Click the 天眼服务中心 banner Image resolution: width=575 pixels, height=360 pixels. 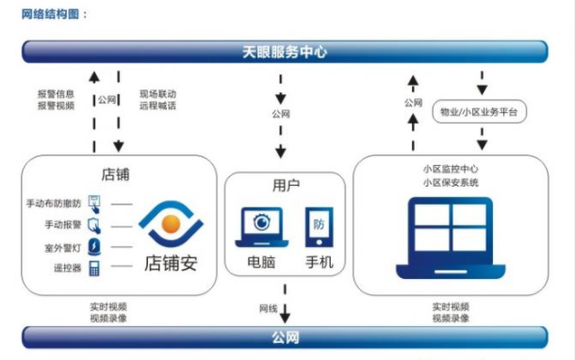pos(285,52)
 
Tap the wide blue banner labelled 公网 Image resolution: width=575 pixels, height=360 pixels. pos(285,336)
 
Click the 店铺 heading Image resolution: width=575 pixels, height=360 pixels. pos(115,174)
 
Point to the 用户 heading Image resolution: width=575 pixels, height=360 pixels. pos(286,186)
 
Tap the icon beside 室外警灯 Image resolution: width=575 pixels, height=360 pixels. pos(94,246)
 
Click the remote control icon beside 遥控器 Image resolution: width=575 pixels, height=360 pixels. pos(94,267)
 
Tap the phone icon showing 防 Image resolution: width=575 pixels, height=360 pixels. pos(318,227)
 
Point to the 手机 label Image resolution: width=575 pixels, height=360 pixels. pos(320,262)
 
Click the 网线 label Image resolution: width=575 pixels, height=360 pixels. pos(268,308)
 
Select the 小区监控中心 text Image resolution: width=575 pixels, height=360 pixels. pos(452,168)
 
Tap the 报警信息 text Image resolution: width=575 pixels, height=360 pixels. pos(56,93)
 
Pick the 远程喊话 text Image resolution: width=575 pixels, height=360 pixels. pos(157,106)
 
